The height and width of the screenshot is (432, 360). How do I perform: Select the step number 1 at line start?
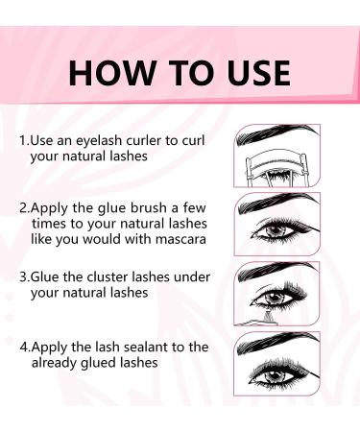click(22, 139)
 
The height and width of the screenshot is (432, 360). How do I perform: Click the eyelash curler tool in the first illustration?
click(263, 166)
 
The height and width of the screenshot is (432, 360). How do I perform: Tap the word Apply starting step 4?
click(49, 345)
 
